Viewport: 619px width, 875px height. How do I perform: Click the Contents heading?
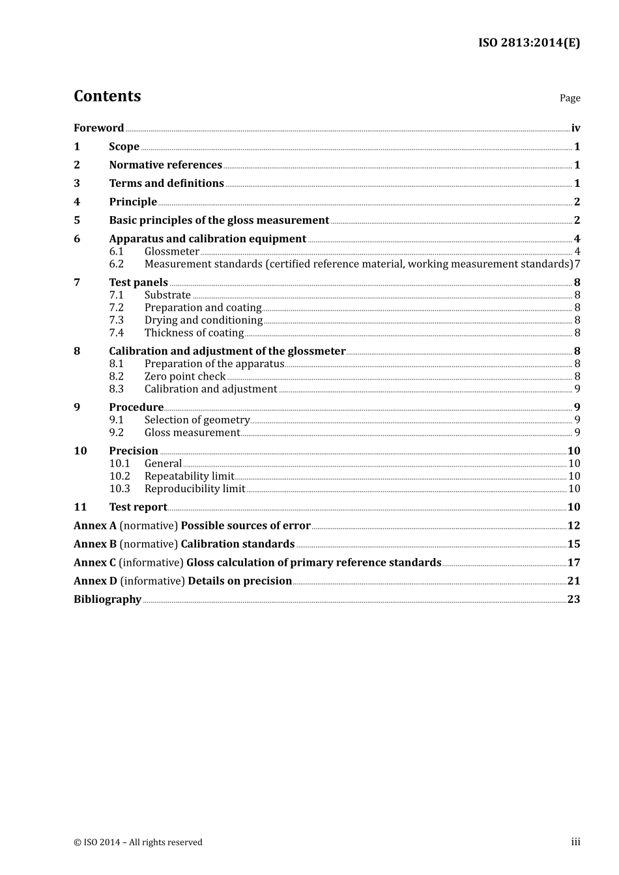click(x=107, y=96)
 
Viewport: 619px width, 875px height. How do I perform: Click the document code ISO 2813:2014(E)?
click(x=528, y=43)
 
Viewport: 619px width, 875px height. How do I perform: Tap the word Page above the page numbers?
click(x=569, y=98)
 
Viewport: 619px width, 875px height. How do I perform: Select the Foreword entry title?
click(x=98, y=128)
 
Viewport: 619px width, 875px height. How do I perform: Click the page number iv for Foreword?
click(x=575, y=128)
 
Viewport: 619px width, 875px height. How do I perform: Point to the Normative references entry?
click(x=166, y=165)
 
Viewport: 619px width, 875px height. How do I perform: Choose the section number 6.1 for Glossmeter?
click(x=116, y=251)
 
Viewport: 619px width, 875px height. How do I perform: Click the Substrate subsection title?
click(x=167, y=295)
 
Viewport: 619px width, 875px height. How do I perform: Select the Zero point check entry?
click(x=185, y=376)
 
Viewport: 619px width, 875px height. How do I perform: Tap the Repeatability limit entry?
click(x=189, y=476)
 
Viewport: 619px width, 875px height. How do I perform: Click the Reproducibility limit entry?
click(x=195, y=489)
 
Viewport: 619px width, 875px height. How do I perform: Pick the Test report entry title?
click(x=138, y=507)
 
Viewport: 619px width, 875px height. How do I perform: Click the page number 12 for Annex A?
click(x=573, y=525)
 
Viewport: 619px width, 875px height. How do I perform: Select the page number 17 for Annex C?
click(x=573, y=562)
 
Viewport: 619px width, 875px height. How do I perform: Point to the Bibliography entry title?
click(x=108, y=600)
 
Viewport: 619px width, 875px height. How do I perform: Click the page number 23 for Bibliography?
click(x=573, y=600)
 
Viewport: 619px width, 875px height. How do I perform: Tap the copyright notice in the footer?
click(x=138, y=842)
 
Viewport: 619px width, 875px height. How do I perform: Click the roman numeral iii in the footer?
click(x=575, y=842)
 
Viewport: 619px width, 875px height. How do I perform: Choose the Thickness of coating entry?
click(x=194, y=333)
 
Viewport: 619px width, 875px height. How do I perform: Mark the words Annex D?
click(x=95, y=581)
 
